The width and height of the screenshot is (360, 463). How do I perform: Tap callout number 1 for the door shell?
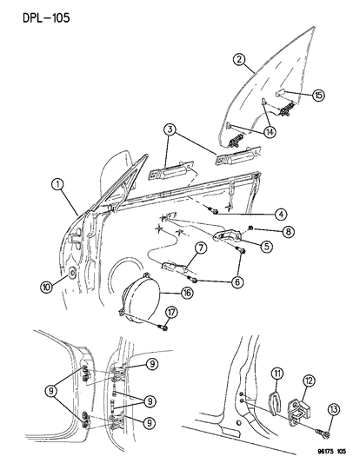[57, 184]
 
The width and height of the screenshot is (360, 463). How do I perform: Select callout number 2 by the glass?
[238, 61]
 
